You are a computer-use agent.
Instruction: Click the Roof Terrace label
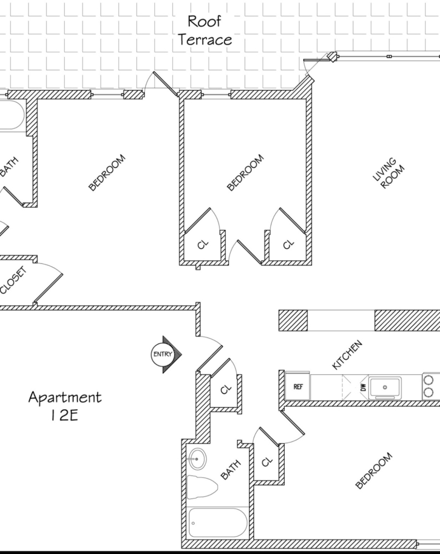pos(205,30)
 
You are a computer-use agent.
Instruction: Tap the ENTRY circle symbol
pos(163,354)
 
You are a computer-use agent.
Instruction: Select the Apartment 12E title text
pos(65,406)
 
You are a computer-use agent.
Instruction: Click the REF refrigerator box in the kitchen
pos(298,386)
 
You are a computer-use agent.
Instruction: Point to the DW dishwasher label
pos(363,387)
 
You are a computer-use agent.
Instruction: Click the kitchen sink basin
pos(385,387)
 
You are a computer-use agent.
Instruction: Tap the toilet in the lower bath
pos(202,487)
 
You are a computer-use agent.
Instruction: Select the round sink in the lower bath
pos(197,459)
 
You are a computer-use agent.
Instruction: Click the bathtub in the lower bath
pos(218,523)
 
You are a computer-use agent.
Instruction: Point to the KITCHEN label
pos(348,354)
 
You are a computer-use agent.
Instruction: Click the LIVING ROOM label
pos(389,174)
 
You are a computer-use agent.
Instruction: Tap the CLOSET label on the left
pos(13,280)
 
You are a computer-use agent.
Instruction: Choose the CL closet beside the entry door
pos(225,390)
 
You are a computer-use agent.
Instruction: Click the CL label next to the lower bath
pos(268,461)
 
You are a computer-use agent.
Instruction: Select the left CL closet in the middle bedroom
pos(203,244)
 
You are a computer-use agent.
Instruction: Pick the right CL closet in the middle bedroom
pos(288,244)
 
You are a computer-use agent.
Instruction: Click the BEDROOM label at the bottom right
pos(374,470)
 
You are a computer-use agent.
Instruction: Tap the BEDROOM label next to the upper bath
pos(106,173)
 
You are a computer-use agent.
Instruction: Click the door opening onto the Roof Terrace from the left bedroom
pos(165,84)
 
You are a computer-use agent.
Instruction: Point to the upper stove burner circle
pos(428,380)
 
